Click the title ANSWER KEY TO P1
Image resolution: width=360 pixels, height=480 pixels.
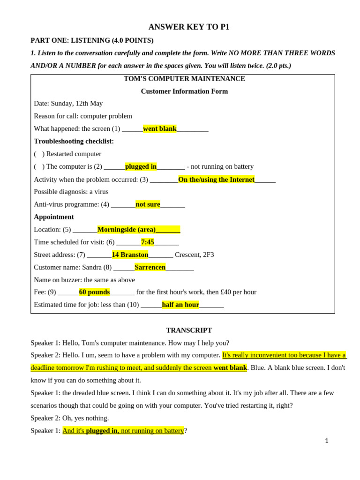[189, 27]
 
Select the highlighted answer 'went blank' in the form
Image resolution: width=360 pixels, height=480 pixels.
[160, 129]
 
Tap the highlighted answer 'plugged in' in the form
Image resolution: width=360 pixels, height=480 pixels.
[141, 166]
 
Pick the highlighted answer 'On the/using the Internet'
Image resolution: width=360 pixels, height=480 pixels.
[216, 179]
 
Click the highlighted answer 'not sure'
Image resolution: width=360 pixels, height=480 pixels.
[148, 204]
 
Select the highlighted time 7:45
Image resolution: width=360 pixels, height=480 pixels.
[148, 242]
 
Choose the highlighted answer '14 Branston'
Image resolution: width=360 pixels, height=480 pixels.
[130, 255]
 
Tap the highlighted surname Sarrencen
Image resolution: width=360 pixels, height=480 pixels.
[150, 267]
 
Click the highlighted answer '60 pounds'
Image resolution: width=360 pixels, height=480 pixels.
[94, 292]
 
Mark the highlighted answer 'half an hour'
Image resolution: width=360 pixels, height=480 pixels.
[180, 305]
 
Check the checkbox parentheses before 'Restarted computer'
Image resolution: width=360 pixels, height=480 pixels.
[39, 154]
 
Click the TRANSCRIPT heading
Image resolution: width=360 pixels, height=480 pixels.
[189, 330]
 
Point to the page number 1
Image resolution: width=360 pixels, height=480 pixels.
[327, 441]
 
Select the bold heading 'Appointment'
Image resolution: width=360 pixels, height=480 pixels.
[54, 217]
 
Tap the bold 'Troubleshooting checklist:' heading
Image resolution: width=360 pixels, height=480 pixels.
[74, 141]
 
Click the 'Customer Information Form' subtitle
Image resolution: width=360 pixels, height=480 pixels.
[184, 91]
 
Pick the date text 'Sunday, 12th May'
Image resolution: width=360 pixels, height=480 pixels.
[77, 104]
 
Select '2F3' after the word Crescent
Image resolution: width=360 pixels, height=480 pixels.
[208, 255]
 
